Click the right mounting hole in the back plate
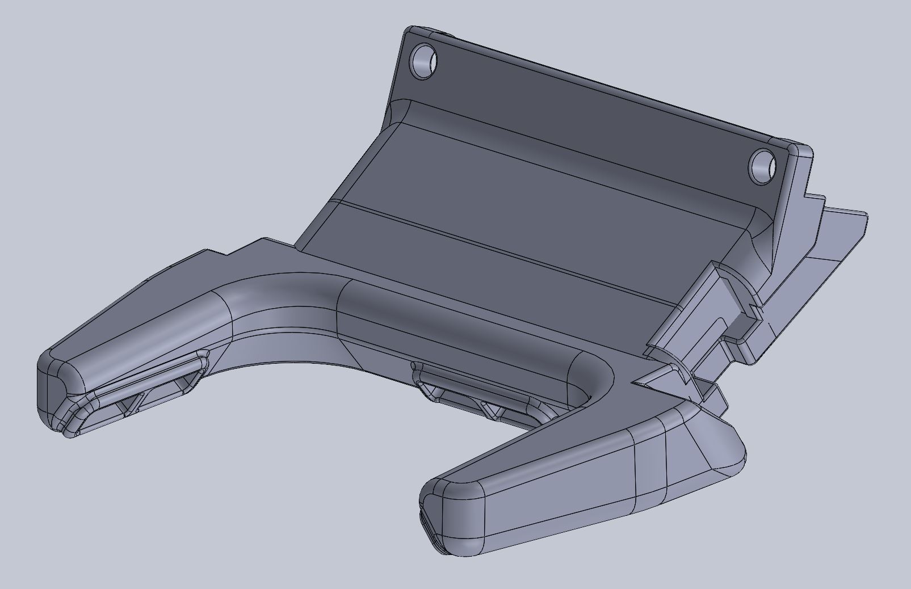762,166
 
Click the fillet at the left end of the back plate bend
400,111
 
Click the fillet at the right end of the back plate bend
763,227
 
